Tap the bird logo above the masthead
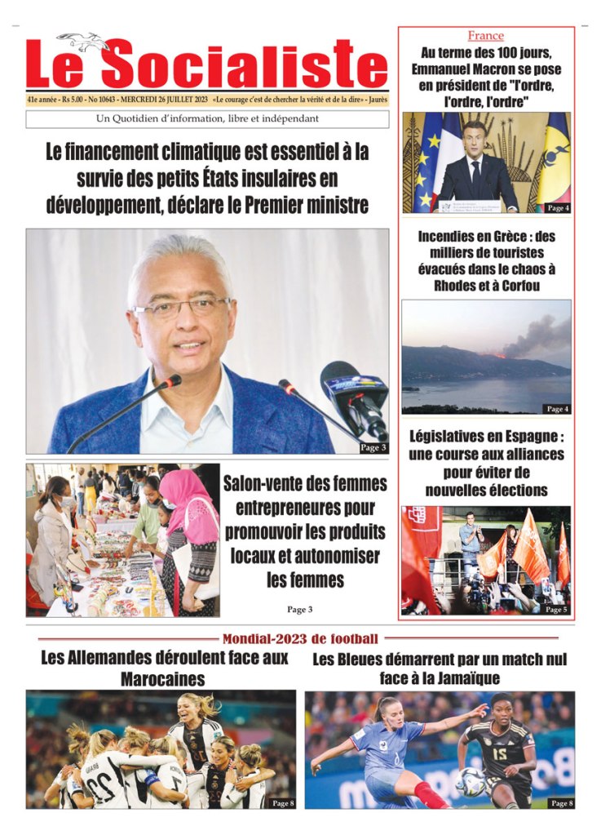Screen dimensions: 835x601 tap(82, 40)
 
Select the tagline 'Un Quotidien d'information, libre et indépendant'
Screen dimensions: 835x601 tap(207, 119)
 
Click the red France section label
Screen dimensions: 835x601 tap(485, 36)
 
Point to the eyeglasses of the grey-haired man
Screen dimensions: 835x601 tap(181, 309)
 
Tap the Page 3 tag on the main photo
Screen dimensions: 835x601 tap(373, 447)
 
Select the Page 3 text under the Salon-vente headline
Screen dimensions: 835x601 tap(299, 609)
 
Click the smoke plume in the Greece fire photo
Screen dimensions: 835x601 tap(539, 335)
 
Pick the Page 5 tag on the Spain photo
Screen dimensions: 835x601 tap(555, 609)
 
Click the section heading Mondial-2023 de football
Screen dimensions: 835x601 tap(300, 638)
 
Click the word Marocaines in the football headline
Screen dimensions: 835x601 tap(162, 679)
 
